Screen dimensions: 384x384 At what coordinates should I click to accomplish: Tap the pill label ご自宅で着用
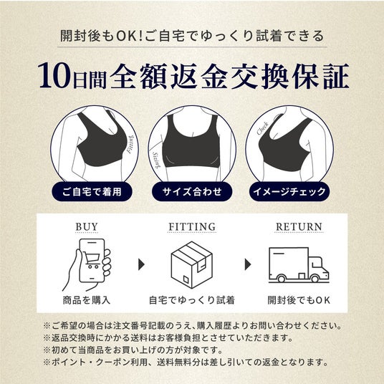(92, 191)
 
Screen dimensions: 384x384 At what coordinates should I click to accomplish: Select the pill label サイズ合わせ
(192, 191)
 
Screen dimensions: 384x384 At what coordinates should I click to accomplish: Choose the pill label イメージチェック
(289, 191)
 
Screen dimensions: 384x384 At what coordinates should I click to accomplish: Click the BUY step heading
(87, 227)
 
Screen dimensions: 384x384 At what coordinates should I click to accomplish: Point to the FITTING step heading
(192, 227)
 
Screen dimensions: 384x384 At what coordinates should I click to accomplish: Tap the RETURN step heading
(299, 227)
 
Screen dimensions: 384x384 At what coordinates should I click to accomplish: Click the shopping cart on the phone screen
(91, 259)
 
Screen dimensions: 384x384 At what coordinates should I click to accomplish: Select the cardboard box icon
(192, 264)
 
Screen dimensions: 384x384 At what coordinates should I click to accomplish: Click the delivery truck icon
(299, 265)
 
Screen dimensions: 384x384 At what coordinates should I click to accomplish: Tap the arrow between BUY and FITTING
(141, 264)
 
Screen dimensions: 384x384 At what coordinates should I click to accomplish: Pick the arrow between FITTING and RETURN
(248, 264)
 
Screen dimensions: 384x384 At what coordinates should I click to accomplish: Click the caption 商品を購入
(87, 300)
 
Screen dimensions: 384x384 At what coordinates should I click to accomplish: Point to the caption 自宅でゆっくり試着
(192, 300)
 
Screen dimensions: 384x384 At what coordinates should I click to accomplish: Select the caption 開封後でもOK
(299, 300)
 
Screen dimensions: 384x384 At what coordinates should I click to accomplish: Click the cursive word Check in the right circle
(262, 128)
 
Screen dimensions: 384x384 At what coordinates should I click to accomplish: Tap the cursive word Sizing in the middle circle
(156, 160)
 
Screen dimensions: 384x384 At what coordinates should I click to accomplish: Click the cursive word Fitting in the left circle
(130, 144)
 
